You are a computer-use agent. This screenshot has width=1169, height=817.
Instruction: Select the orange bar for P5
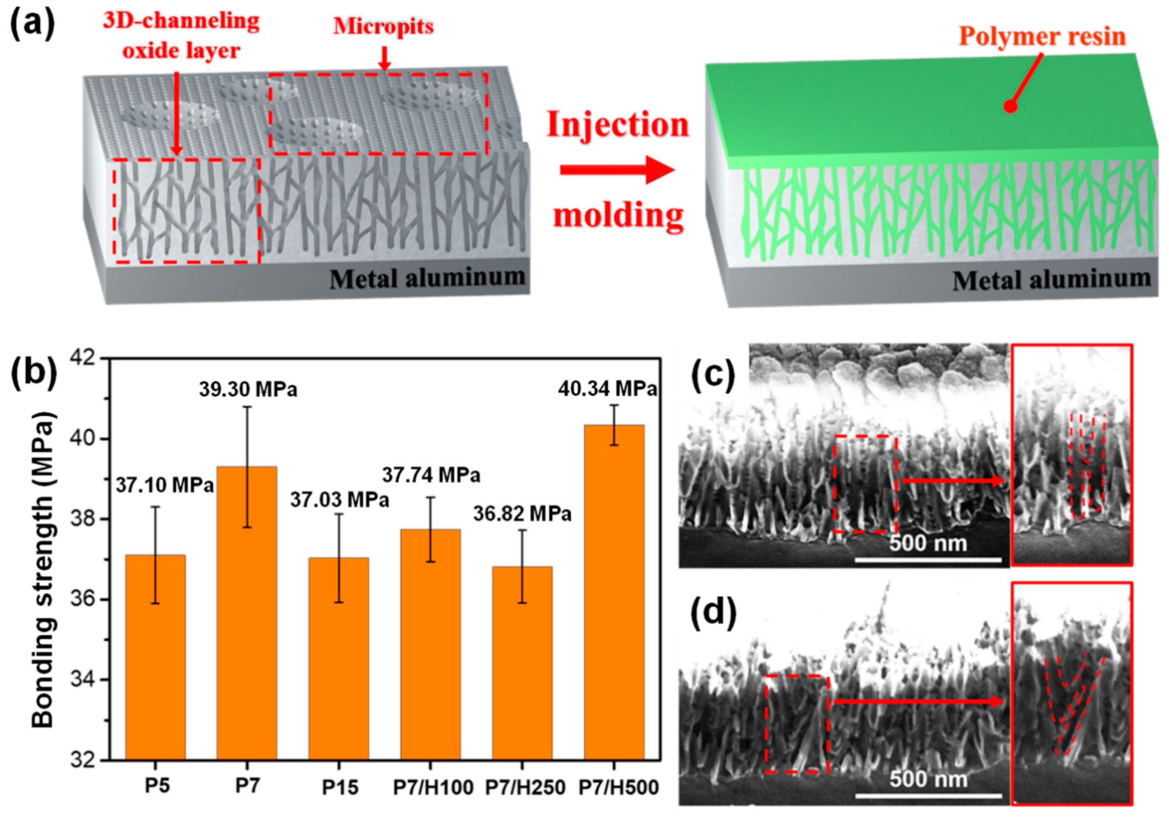155,657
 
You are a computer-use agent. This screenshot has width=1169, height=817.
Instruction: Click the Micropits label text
383,26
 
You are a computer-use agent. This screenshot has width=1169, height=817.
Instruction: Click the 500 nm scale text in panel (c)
928,543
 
